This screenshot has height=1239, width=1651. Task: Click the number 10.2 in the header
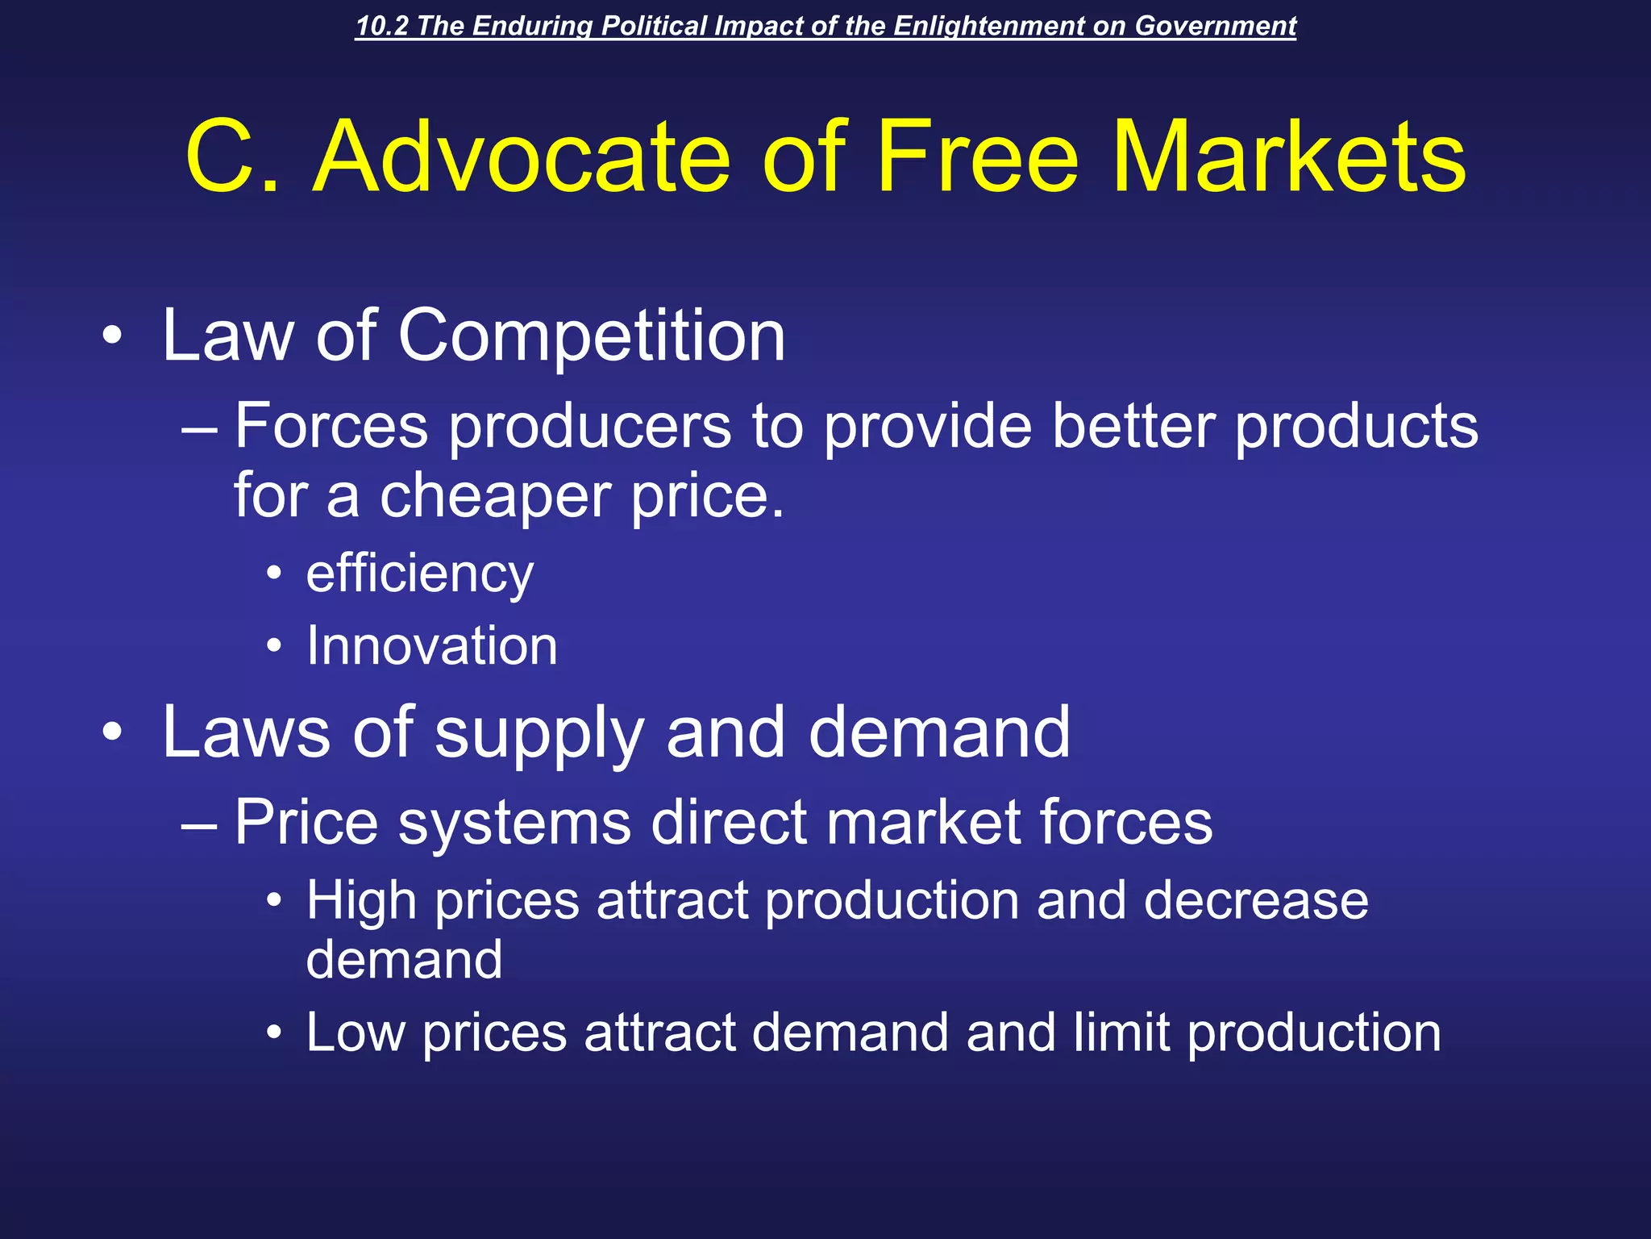point(381,26)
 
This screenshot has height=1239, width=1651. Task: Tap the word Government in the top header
point(1216,26)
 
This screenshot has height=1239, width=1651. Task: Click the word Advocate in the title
point(522,156)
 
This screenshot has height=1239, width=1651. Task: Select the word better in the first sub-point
point(1133,426)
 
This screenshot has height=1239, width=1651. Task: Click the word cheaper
point(495,496)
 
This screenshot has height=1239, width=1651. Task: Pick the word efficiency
point(419,574)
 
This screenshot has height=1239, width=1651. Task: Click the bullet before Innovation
point(274,646)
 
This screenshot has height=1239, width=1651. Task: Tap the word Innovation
point(431,646)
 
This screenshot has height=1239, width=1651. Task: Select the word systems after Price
point(514,823)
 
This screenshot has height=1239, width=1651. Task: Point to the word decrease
point(1255,900)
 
